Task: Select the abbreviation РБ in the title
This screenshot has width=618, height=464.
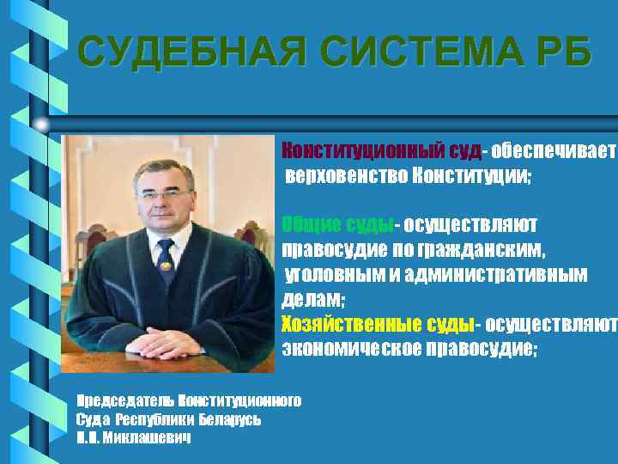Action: coord(564,52)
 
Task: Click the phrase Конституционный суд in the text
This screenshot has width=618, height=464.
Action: coord(381,151)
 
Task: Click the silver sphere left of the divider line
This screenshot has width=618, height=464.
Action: coord(41,125)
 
